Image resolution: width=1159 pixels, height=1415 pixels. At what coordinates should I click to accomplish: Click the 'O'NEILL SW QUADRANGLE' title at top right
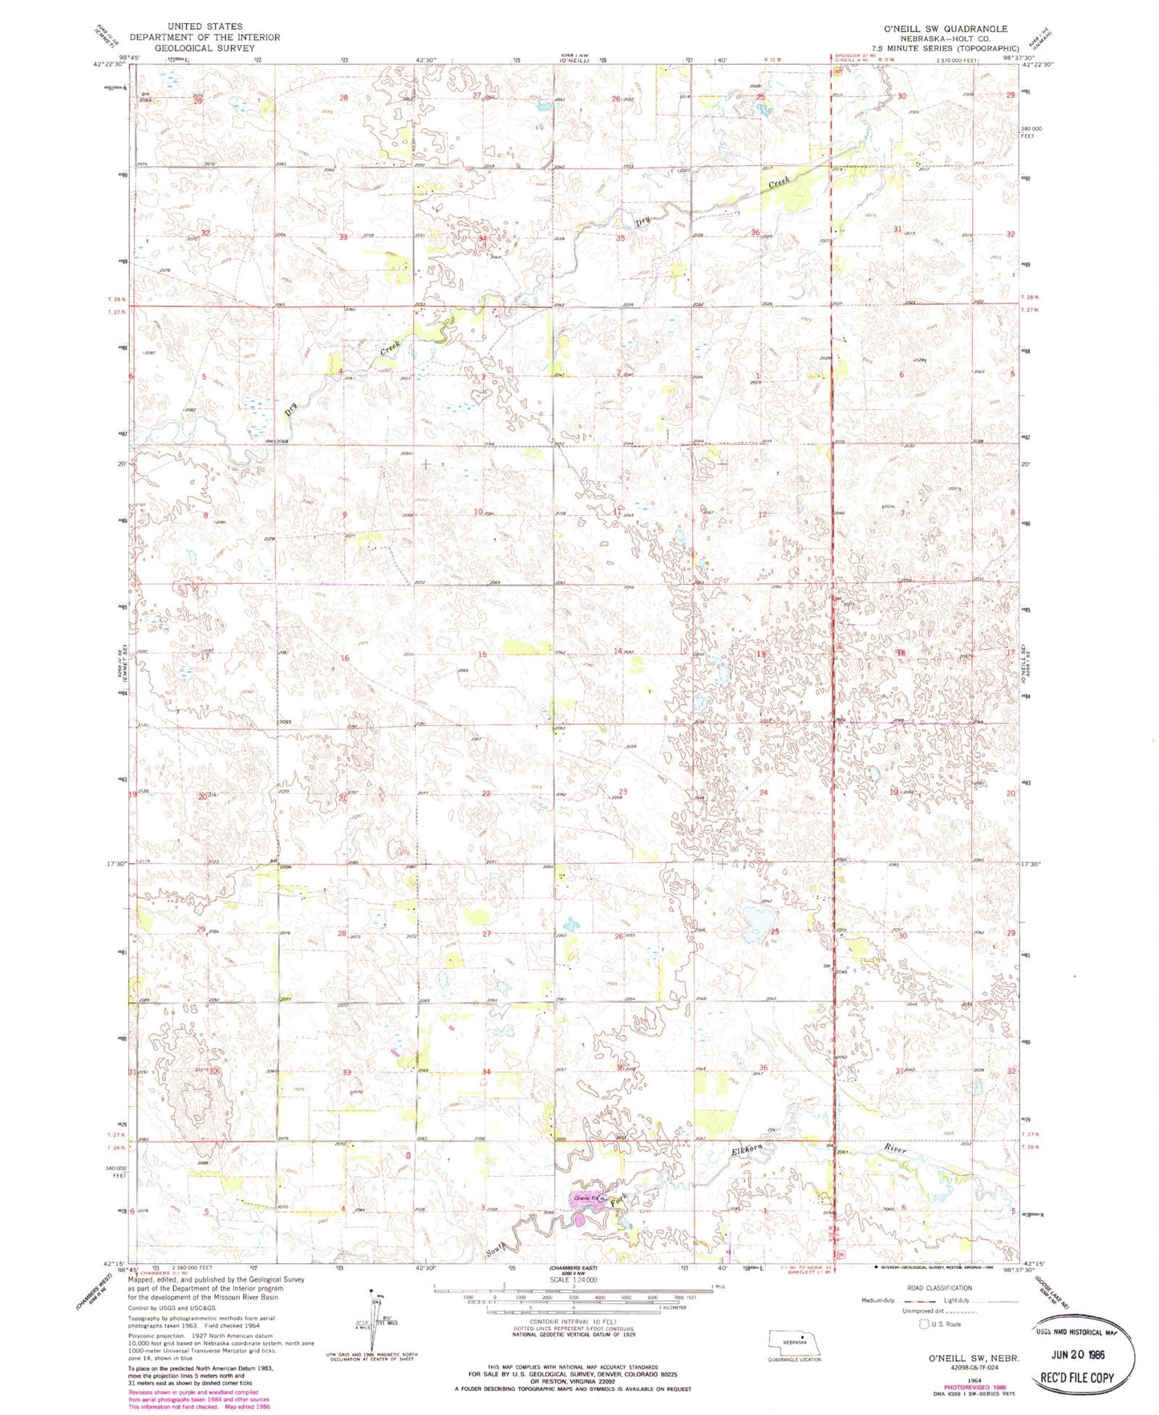(x=945, y=28)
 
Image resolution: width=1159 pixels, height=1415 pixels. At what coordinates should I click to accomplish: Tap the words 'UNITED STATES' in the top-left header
(x=205, y=26)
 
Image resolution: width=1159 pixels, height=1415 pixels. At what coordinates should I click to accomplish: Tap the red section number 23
(x=622, y=792)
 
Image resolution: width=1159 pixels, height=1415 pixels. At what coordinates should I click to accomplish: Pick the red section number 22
(x=486, y=793)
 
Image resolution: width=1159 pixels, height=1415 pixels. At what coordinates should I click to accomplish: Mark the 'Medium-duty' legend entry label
(x=878, y=1300)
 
